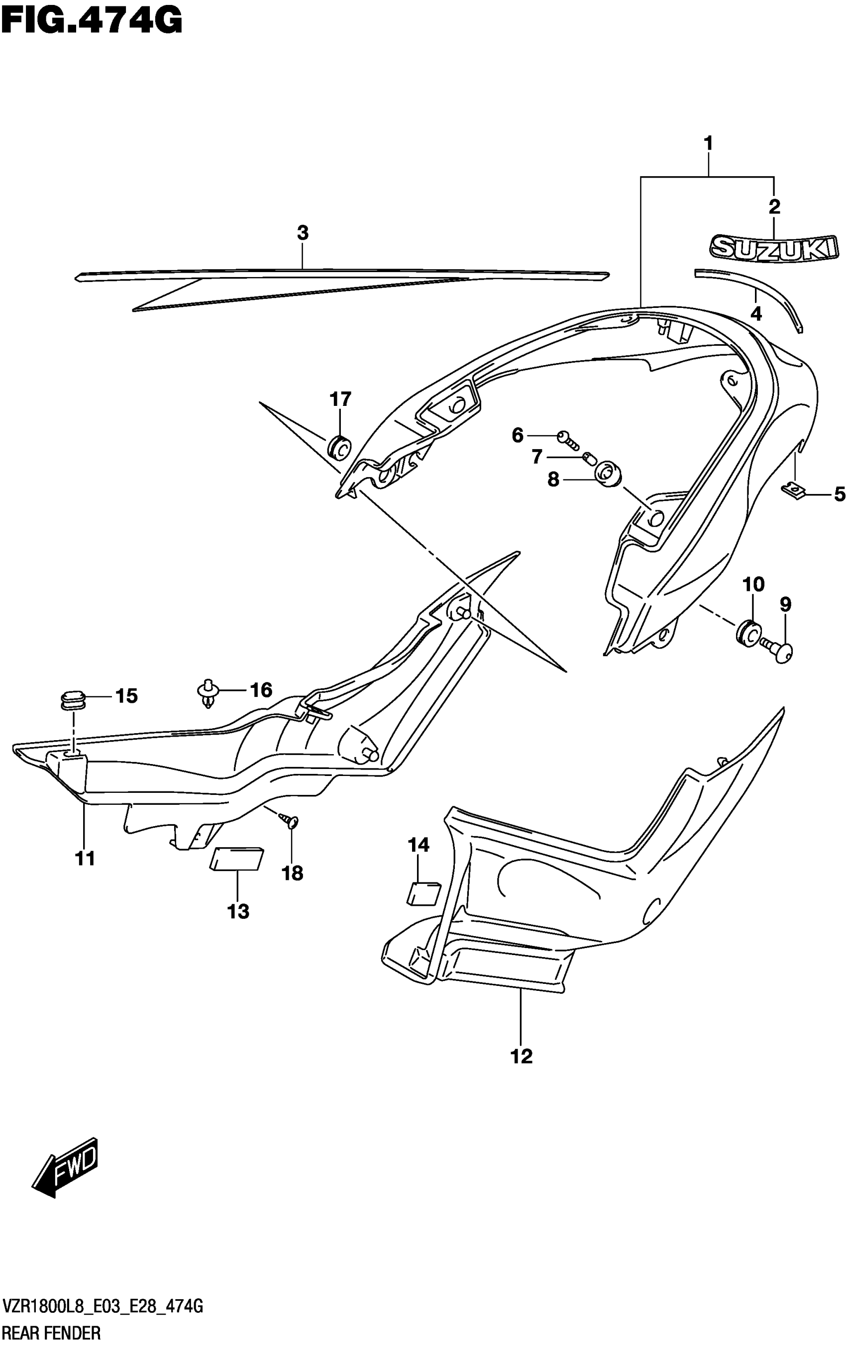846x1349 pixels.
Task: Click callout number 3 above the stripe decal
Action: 303,233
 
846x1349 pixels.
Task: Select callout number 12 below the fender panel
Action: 522,1057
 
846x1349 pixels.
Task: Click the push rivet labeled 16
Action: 208,692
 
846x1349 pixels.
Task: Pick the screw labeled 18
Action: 292,821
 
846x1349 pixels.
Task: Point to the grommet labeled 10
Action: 748,633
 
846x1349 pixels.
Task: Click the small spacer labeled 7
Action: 588,458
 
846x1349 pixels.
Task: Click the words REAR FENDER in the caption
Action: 51,1334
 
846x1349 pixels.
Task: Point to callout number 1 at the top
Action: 708,144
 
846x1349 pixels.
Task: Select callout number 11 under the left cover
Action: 85,858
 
